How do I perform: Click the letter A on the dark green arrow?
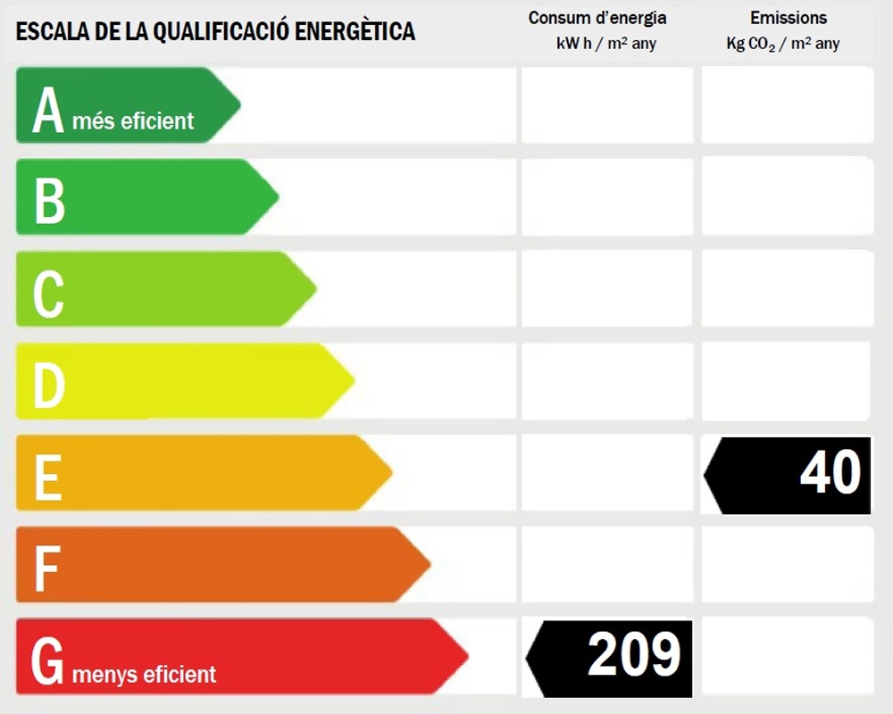48,112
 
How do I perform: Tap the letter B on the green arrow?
50,201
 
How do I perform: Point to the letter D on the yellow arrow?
49,385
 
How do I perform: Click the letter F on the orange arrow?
46,569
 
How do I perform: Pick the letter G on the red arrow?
48,660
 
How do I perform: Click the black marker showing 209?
612,658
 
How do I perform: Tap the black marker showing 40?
790,475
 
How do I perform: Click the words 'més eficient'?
133,121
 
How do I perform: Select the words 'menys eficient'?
144,674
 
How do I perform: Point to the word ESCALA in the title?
46,32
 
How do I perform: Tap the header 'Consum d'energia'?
597,18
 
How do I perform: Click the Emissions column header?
789,18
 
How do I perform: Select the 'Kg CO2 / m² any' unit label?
783,44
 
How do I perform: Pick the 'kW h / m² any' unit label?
605,44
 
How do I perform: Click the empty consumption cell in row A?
607,104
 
